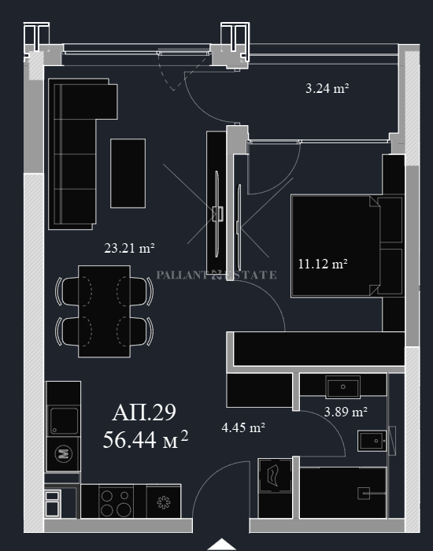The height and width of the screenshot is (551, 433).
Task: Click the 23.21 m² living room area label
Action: [x=129, y=248]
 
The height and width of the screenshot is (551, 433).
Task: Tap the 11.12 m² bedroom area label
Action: [x=323, y=264]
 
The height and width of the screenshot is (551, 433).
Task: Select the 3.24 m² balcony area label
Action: [x=327, y=88]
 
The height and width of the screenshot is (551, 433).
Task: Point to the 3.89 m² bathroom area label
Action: [x=346, y=412]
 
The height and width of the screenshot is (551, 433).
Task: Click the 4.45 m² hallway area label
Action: [x=243, y=427]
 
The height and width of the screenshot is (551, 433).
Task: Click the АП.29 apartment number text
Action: [x=144, y=412]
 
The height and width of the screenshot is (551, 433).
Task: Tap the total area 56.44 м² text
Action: [x=146, y=439]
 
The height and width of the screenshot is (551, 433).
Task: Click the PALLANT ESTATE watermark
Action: [x=216, y=275]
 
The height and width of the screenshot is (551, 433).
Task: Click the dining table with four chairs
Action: [x=105, y=312]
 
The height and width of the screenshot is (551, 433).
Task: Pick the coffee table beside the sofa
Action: [x=128, y=173]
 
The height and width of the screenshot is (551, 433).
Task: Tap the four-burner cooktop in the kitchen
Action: [x=116, y=502]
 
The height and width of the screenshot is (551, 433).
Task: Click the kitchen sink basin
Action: [x=64, y=420]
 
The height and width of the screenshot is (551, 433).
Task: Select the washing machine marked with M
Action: [x=63, y=454]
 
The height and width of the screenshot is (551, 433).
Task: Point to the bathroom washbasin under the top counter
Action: [x=342, y=387]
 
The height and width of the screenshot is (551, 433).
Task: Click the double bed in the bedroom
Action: [x=335, y=246]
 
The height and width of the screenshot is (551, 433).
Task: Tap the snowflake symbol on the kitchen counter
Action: [x=164, y=502]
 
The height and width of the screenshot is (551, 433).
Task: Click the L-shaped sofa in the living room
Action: [x=75, y=154]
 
